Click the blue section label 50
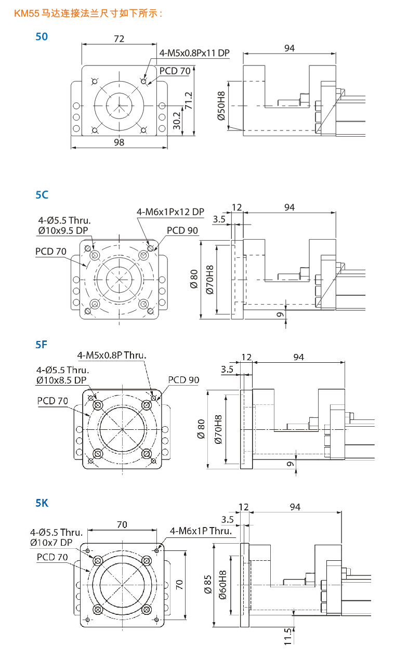point(42,37)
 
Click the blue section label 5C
point(42,194)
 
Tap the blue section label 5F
point(42,344)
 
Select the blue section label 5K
point(42,503)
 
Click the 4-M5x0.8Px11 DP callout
point(194,52)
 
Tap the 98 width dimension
point(119,142)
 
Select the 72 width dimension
point(119,39)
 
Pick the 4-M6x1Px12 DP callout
point(170,212)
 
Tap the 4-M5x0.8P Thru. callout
point(112,356)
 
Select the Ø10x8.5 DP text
point(61,380)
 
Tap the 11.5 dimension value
point(287,637)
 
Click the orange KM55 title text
point(88,13)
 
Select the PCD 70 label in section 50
point(175,71)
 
